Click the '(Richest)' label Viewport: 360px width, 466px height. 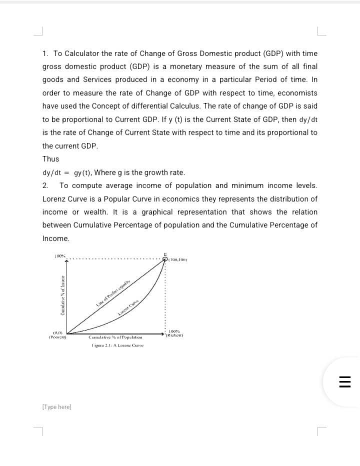click(x=174, y=335)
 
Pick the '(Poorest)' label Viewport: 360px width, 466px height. click(x=57, y=336)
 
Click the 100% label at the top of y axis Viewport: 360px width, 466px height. click(x=59, y=256)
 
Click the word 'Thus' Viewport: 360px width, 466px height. click(x=50, y=159)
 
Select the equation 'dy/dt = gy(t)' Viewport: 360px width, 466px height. click(x=67, y=173)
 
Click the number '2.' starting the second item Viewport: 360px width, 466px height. click(x=45, y=185)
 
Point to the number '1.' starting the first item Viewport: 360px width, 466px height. click(x=45, y=53)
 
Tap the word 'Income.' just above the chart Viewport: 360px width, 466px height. click(x=56, y=238)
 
